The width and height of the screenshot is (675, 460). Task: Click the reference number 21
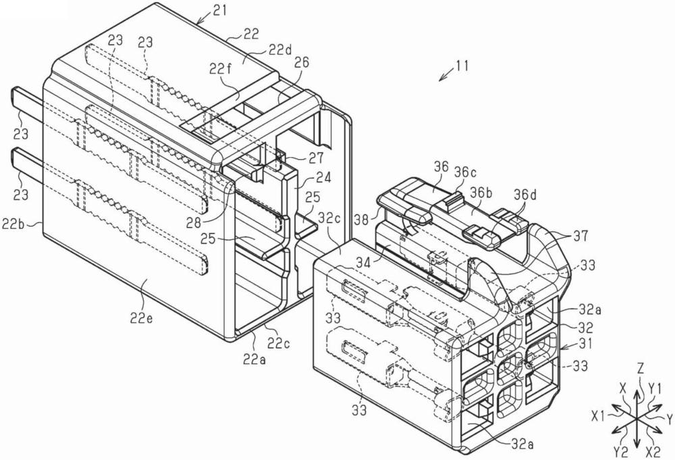point(219,10)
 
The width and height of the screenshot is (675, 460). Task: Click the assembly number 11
point(461,66)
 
